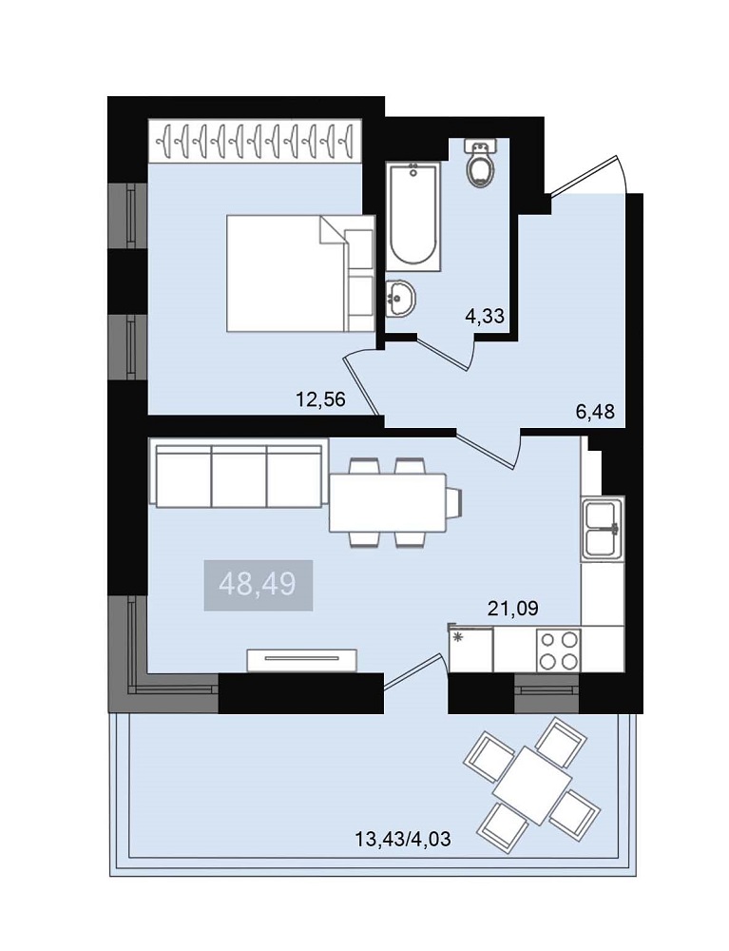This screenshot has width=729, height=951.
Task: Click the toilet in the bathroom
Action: [x=481, y=163]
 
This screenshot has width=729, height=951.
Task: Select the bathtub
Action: [x=412, y=216]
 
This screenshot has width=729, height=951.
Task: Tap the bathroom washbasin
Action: [x=400, y=299]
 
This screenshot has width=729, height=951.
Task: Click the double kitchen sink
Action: [x=603, y=527]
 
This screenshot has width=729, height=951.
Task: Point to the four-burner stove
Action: [x=559, y=650]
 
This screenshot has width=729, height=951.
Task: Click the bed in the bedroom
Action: [x=300, y=273]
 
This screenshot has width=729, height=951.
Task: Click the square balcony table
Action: [x=532, y=786]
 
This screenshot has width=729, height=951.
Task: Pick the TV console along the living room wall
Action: [x=302, y=660]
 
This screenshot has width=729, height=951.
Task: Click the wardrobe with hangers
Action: [x=255, y=142]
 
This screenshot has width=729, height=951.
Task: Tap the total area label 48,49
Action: [x=258, y=585]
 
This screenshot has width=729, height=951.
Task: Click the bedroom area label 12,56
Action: [x=320, y=399]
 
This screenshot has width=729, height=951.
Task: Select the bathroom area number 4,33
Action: [x=485, y=316]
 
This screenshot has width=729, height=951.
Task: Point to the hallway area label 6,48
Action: [x=594, y=412]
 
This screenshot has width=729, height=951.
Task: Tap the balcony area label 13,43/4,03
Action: [x=403, y=840]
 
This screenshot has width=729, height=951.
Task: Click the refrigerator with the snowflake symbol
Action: [x=470, y=650]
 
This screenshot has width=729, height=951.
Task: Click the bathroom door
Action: [x=446, y=353]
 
